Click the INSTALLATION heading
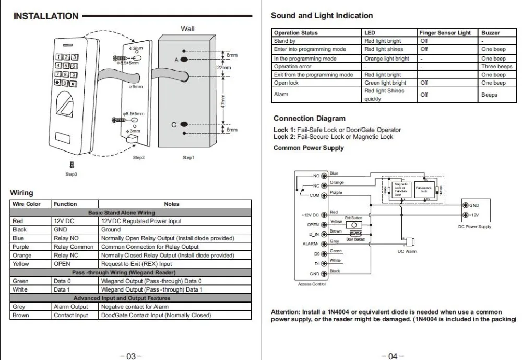pyautogui.click(x=46, y=16)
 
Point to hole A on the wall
pyautogui.click(x=184, y=60)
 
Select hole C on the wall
pyautogui.click(x=184, y=125)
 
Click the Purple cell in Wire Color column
pyautogui.click(x=21, y=247)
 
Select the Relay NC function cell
pyautogui.click(x=65, y=256)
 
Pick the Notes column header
pyautogui.click(x=171, y=204)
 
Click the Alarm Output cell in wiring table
pyautogui.click(x=71, y=307)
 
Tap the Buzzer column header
pyautogui.click(x=490, y=33)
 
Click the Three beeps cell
pyautogui.click(x=496, y=67)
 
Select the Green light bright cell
pyautogui.click(x=385, y=83)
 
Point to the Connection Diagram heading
pyautogui.click(x=309, y=119)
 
